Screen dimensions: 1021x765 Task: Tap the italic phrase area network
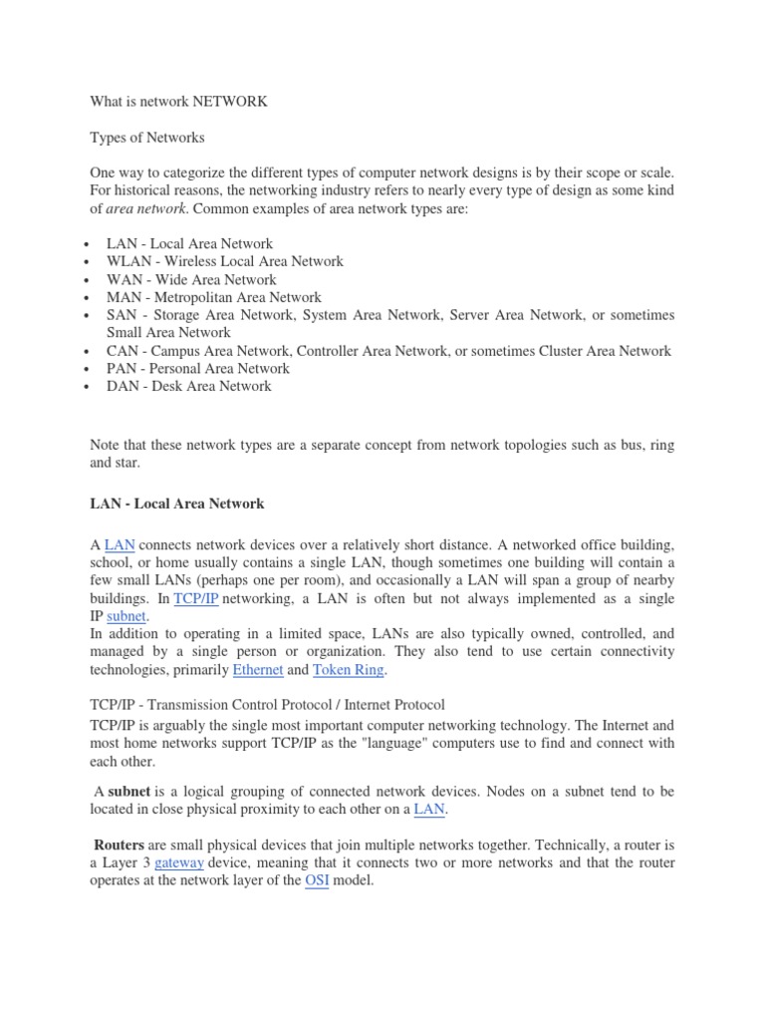tap(146, 208)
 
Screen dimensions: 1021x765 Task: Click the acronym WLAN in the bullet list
tap(128, 261)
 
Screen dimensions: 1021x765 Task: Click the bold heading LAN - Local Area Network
tap(177, 504)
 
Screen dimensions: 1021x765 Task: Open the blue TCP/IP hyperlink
tap(196, 598)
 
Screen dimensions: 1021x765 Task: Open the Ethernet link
tap(257, 670)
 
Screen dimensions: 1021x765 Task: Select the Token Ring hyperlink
tap(348, 670)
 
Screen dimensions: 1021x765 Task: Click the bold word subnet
tap(128, 792)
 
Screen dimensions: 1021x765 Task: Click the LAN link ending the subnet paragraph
tap(429, 810)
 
